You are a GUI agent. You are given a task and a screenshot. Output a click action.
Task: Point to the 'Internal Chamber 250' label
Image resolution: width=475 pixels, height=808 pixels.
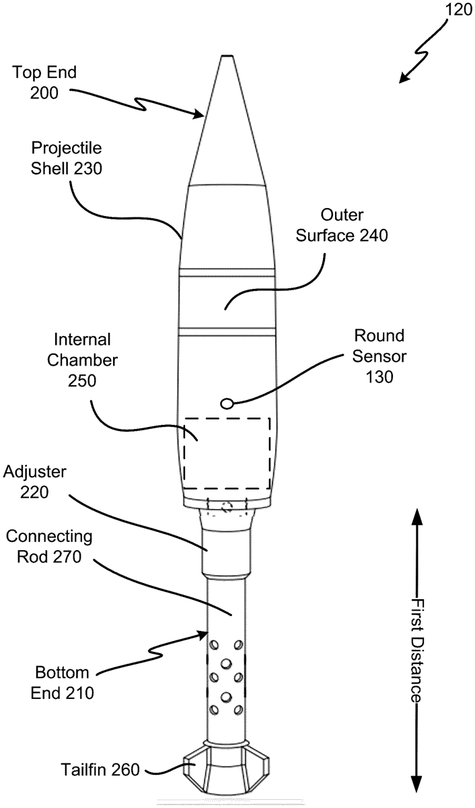click(82, 360)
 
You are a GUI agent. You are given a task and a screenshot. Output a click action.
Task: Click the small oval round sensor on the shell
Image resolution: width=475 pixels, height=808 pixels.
click(227, 403)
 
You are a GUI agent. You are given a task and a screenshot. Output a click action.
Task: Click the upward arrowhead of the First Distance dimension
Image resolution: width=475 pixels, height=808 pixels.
click(417, 519)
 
